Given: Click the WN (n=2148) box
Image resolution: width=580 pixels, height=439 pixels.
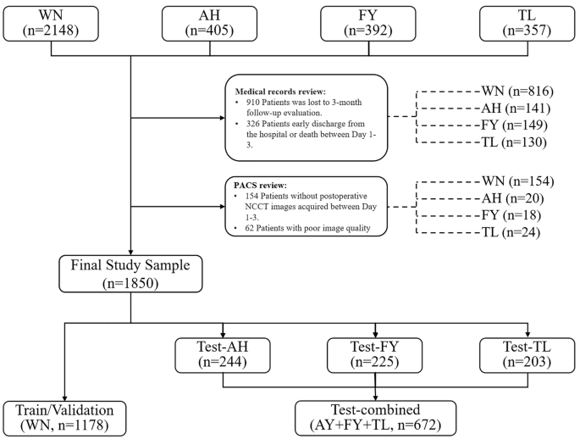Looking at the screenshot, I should tap(52, 23).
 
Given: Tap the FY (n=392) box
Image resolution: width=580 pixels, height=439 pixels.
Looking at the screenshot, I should tap(367, 23).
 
